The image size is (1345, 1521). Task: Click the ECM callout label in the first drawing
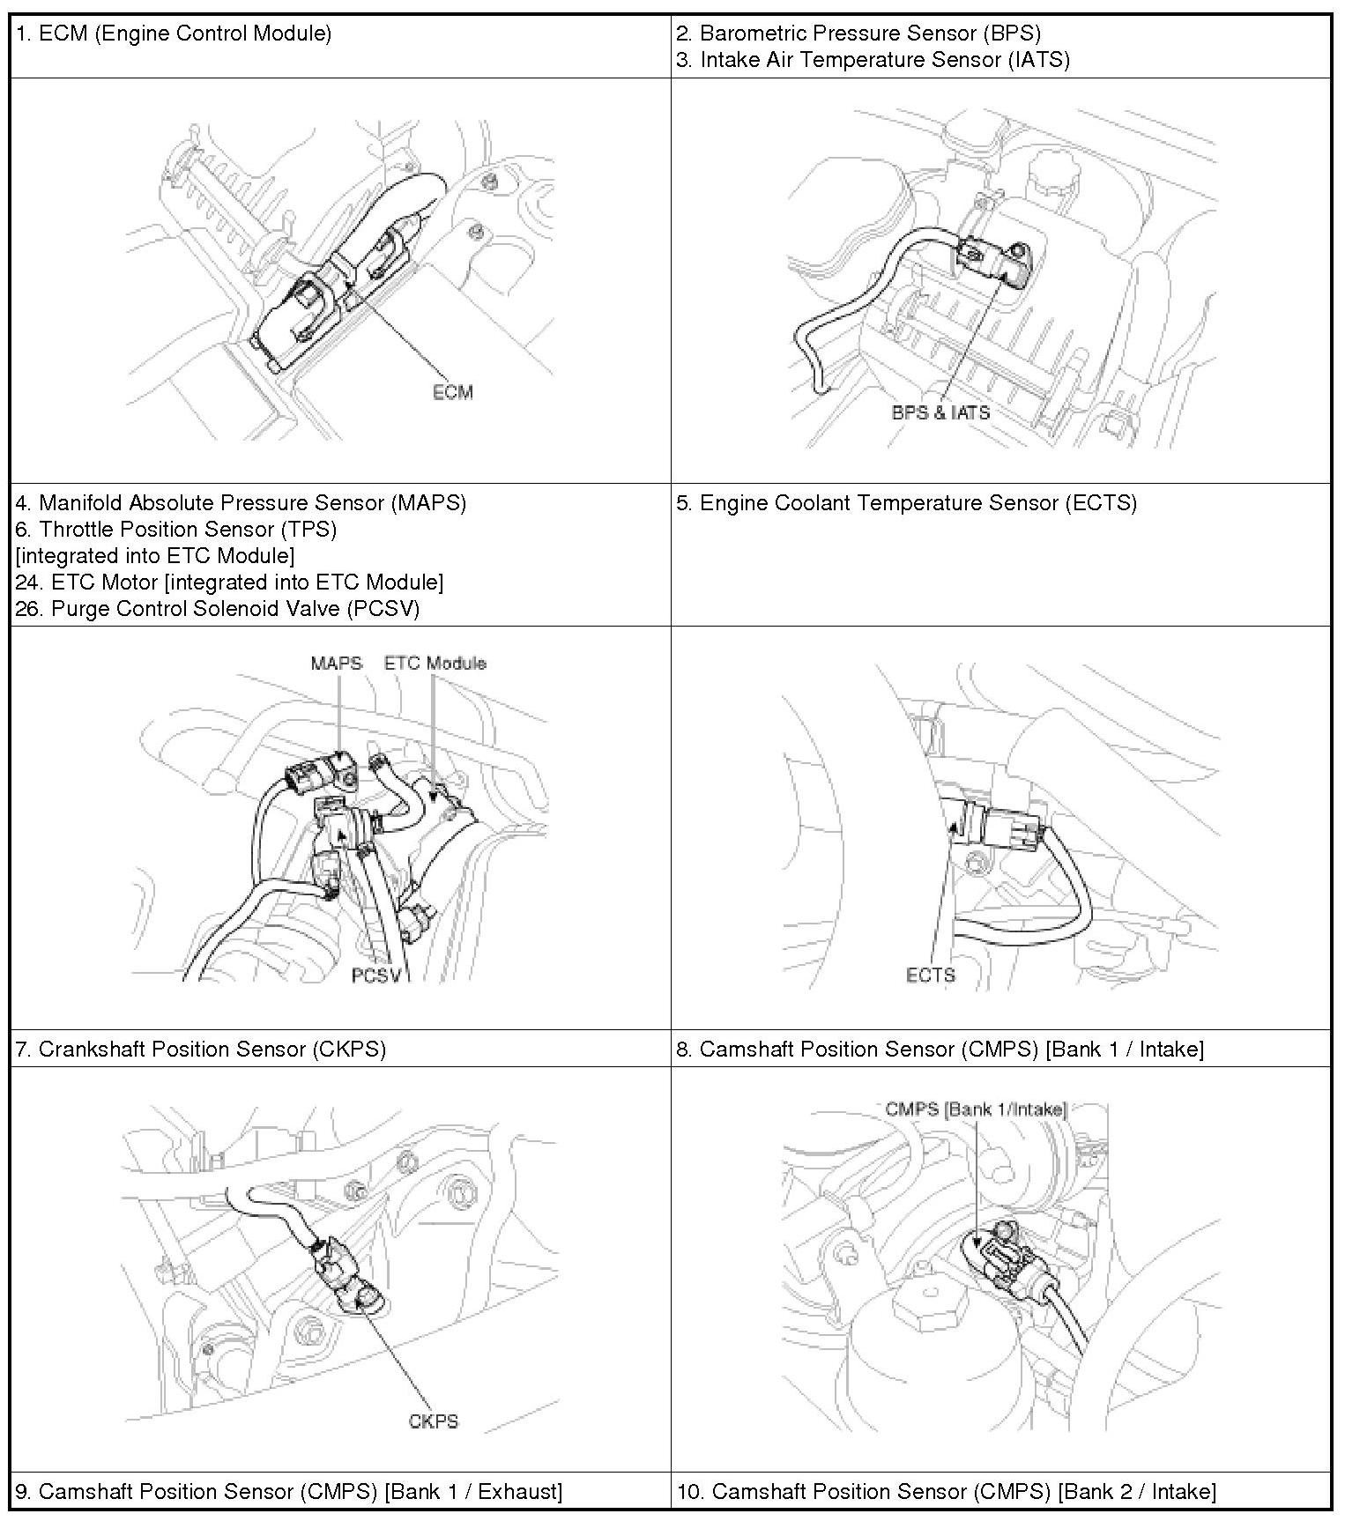(452, 392)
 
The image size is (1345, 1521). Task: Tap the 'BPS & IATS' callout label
(940, 412)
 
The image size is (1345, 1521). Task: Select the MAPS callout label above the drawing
(336, 663)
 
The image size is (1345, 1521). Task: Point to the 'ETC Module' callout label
(435, 663)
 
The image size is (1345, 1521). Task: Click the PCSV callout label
(376, 976)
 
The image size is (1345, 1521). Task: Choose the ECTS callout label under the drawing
(930, 975)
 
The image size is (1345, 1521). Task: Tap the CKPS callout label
(434, 1421)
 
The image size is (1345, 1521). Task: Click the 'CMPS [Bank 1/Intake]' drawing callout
(976, 1109)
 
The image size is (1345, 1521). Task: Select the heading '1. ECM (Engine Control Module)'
(174, 34)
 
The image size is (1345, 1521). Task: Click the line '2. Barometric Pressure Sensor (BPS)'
(858, 33)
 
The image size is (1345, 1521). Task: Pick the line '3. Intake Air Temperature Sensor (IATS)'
(873, 60)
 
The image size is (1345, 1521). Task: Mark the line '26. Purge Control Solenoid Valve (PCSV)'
(217, 609)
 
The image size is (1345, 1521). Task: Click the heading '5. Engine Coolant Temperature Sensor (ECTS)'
(906, 503)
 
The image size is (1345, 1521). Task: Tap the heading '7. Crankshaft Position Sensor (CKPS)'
(201, 1050)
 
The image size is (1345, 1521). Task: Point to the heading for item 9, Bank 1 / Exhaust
(289, 1492)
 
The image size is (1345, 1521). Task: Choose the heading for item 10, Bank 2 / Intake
(947, 1492)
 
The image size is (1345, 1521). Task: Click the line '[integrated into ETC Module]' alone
(155, 556)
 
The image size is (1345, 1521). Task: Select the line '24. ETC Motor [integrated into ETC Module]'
(229, 582)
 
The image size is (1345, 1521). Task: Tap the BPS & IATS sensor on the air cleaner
(1000, 263)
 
